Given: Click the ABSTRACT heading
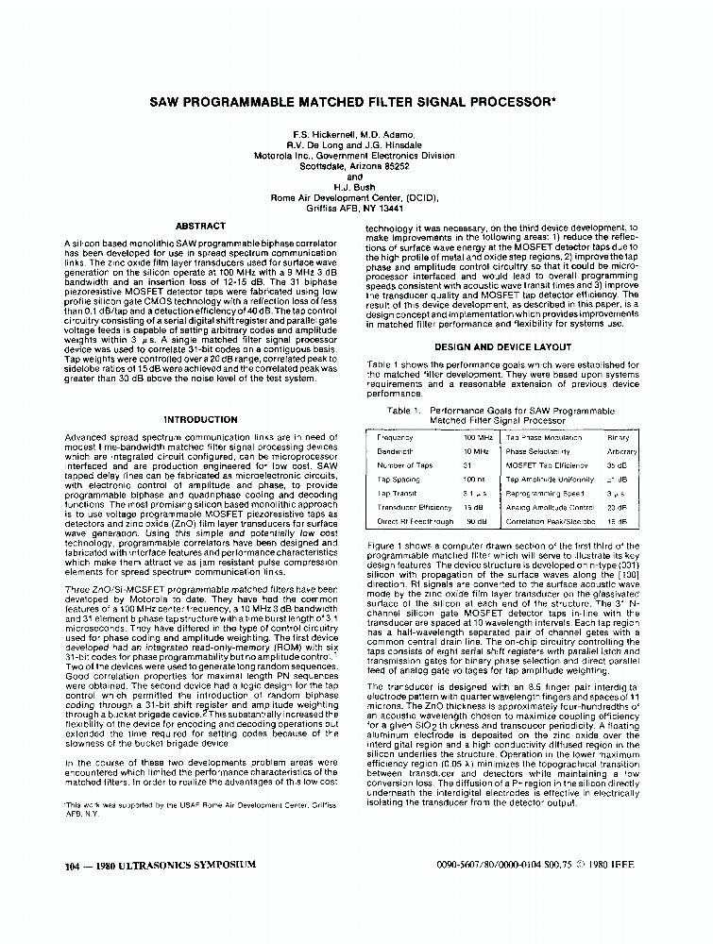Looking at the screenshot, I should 200,227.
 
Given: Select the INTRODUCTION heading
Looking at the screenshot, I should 200,419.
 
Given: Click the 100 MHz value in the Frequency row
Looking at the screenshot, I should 476,438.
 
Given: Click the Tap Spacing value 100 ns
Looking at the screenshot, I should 474,480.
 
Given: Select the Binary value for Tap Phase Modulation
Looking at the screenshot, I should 618,438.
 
